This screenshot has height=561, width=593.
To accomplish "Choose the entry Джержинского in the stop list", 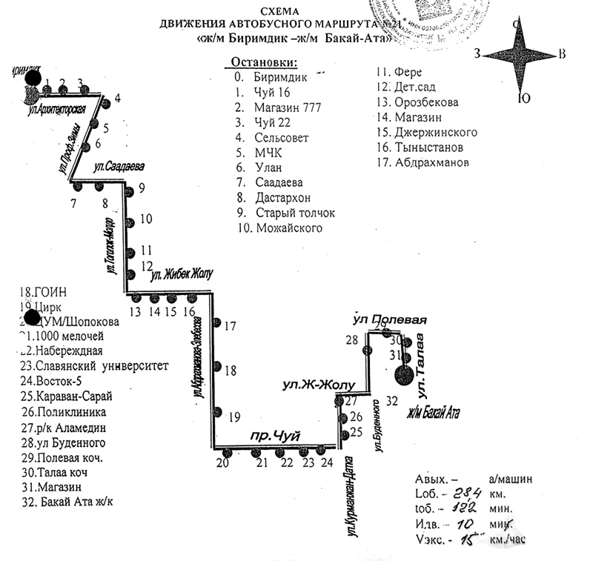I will pos(436,133).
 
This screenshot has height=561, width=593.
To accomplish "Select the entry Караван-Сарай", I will pos(73,396).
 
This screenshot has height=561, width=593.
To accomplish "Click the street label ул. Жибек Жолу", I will pos(182,274).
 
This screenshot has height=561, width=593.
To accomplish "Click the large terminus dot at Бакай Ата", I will pos(405,376).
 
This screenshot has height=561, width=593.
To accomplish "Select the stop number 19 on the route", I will pos(235,416).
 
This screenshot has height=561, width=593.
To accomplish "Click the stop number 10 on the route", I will pos(145,219).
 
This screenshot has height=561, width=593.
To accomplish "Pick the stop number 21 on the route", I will pos(260,463).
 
